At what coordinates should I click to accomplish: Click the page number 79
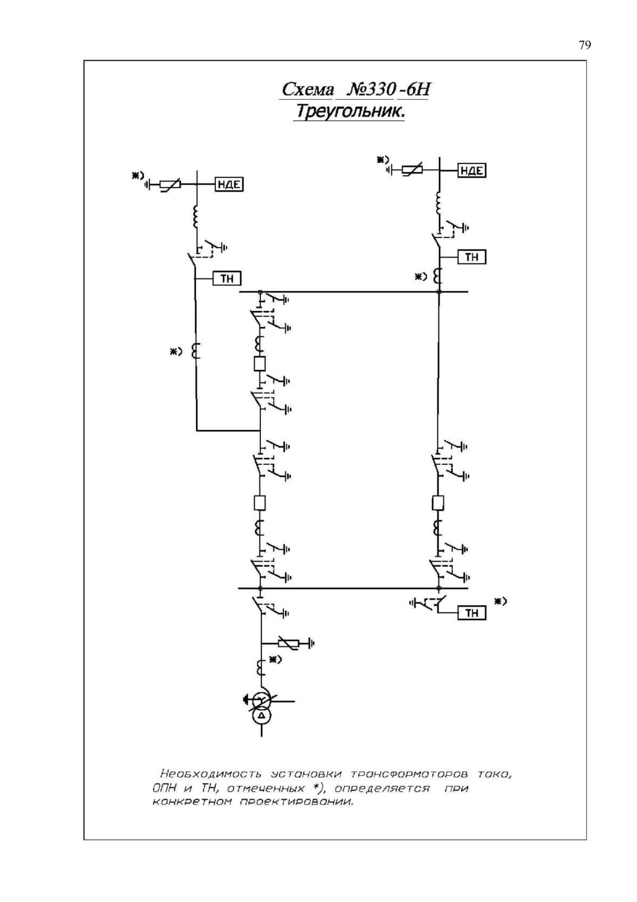[x=585, y=45]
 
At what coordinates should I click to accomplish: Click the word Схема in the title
[x=307, y=89]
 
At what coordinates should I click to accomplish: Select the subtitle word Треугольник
[x=349, y=111]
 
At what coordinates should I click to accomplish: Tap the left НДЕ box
[x=229, y=185]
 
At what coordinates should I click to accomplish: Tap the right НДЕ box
[x=472, y=170]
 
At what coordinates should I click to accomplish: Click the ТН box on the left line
[x=227, y=278]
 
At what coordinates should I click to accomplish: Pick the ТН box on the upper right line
[x=472, y=257]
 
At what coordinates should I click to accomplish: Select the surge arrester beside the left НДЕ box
[x=170, y=185]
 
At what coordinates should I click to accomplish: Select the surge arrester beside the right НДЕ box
[x=412, y=170]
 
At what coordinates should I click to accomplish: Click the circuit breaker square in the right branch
[x=438, y=503]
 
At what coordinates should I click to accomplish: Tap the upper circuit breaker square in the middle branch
[x=260, y=364]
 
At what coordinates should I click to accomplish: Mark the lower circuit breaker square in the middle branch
[x=260, y=503]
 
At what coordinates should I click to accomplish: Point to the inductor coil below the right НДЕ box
[x=438, y=203]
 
